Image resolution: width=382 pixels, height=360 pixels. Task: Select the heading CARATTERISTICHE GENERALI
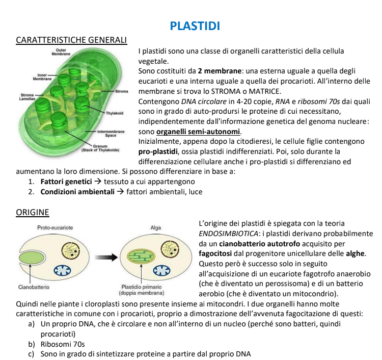click(71, 40)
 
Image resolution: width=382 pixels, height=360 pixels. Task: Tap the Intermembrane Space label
click(111, 134)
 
